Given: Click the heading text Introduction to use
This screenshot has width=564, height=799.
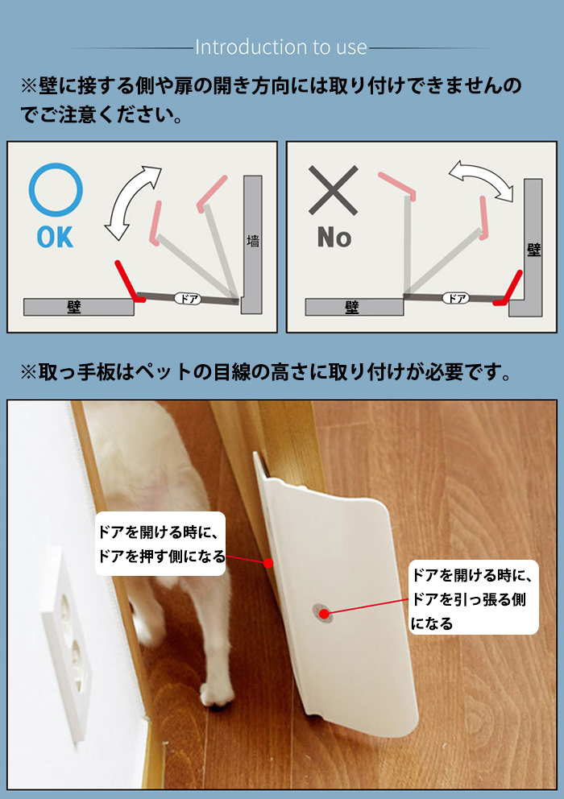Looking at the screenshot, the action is pos(281,48).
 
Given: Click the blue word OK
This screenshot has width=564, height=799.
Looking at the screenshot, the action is pos(55,238).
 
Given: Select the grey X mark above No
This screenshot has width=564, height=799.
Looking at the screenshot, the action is pos(334,190).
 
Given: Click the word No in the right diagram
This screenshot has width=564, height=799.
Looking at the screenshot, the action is pos(334,238).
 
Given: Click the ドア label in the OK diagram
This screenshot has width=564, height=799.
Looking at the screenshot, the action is pos(189,299).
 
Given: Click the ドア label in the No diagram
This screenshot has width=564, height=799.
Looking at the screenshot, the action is pos(455,298).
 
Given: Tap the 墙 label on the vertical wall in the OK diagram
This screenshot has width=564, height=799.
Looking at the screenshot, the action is pos(253,241).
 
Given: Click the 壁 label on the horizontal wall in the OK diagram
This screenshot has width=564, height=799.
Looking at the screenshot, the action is pos(74,307).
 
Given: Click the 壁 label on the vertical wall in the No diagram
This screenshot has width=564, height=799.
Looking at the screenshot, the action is pos(534,250).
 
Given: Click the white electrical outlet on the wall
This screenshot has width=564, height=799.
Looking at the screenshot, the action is pos(68,643).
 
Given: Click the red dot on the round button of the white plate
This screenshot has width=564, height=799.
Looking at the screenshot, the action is pos(324,614).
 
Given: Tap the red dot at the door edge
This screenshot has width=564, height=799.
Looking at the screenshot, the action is pos(268,563).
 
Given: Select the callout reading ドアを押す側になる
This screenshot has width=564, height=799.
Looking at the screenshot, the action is pos(160,544).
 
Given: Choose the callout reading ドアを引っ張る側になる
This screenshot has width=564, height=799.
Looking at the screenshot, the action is pos(473,597).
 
